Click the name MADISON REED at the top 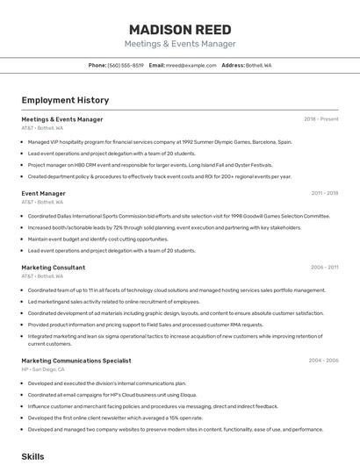click(180, 29)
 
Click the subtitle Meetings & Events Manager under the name click(180, 44)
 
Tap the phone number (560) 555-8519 click(126, 65)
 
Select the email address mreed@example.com click(191, 65)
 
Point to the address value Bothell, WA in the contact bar click(259, 65)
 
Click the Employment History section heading click(65, 101)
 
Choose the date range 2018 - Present click(321, 119)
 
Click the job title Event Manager click(43, 193)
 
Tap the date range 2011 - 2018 click(325, 193)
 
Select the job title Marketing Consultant click(53, 268)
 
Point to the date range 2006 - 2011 click(325, 268)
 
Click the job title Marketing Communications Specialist click(76, 361)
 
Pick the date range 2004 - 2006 click(325, 361)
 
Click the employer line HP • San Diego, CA click(42, 369)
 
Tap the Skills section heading click(32, 457)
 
